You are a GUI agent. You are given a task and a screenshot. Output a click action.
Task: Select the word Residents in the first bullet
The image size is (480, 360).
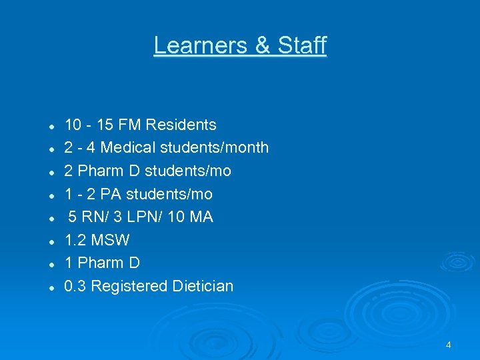[181, 125]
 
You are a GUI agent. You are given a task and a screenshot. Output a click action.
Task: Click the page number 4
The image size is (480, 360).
[448, 345]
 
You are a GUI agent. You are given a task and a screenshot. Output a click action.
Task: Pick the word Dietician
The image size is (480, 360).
[203, 286]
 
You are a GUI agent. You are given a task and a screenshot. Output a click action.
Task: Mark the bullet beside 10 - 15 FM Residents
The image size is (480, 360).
[51, 126]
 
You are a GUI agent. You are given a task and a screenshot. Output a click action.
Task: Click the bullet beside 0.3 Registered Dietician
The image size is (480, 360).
[51, 287]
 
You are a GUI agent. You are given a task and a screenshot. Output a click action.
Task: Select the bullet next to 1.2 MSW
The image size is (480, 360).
[51, 241]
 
